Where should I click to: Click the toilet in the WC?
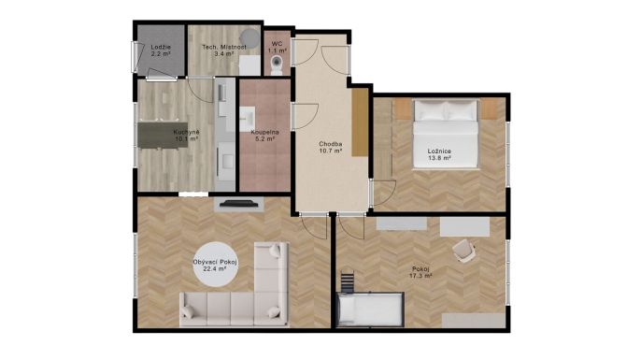click(x=278, y=65)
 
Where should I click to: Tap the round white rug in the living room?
click(x=216, y=264)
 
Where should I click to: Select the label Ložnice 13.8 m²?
click(x=439, y=154)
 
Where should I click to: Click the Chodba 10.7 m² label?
click(x=331, y=148)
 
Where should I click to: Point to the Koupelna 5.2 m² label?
click(x=265, y=136)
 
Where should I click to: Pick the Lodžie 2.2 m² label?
click(x=161, y=50)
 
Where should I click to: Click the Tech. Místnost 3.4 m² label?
click(x=224, y=50)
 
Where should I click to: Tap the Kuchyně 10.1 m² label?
click(x=187, y=136)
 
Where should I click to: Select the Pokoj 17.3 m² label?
click(x=420, y=272)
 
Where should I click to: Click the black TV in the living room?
click(x=239, y=203)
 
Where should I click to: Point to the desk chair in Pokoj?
click(x=464, y=250)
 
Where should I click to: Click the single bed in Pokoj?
click(x=370, y=310)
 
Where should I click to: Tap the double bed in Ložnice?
click(x=446, y=134)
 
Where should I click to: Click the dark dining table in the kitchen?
click(x=163, y=135)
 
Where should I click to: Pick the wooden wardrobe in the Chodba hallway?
click(x=360, y=122)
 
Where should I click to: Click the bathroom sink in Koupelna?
click(x=247, y=117)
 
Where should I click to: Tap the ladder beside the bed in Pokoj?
click(x=347, y=281)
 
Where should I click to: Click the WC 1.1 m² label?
click(x=277, y=47)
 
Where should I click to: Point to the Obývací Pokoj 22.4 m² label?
click(x=216, y=266)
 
